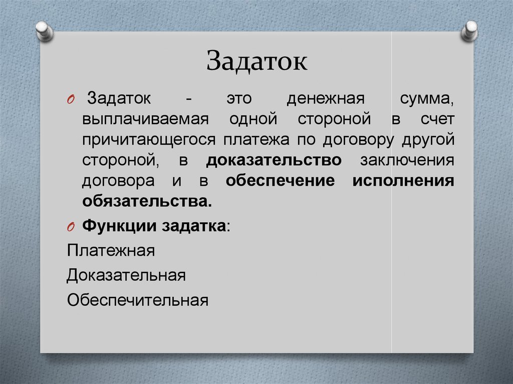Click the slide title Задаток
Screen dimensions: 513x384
tap(257, 61)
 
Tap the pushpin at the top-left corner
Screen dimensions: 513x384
tap(45, 31)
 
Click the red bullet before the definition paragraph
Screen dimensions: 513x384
tap(71, 100)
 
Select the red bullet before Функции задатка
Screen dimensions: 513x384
tap(71, 227)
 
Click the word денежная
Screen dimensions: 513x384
tap(326, 99)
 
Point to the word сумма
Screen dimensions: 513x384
tap(427, 99)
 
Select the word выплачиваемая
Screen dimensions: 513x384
tap(145, 119)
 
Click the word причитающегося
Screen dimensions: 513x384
tap(149, 140)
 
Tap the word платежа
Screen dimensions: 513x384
tap(256, 140)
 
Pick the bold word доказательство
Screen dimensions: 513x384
tap(274, 160)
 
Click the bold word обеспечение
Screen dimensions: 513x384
tap(281, 181)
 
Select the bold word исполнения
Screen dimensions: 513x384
tap(403, 181)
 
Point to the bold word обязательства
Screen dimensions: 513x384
tap(147, 201)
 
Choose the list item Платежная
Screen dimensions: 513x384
tap(111, 251)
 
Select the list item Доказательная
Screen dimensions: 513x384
tap(126, 275)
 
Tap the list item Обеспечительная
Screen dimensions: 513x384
tap(138, 300)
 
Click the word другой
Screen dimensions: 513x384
tap(428, 140)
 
